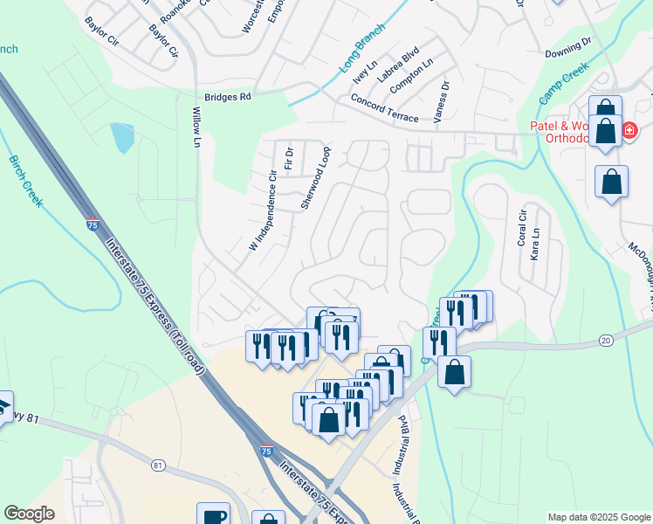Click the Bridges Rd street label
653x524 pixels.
click(227, 97)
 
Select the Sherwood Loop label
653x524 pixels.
click(316, 177)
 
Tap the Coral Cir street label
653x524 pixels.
click(523, 228)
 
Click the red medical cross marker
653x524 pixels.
click(629, 132)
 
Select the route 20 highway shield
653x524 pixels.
click(606, 341)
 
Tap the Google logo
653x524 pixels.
click(29, 514)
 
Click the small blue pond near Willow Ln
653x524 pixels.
click(122, 137)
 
